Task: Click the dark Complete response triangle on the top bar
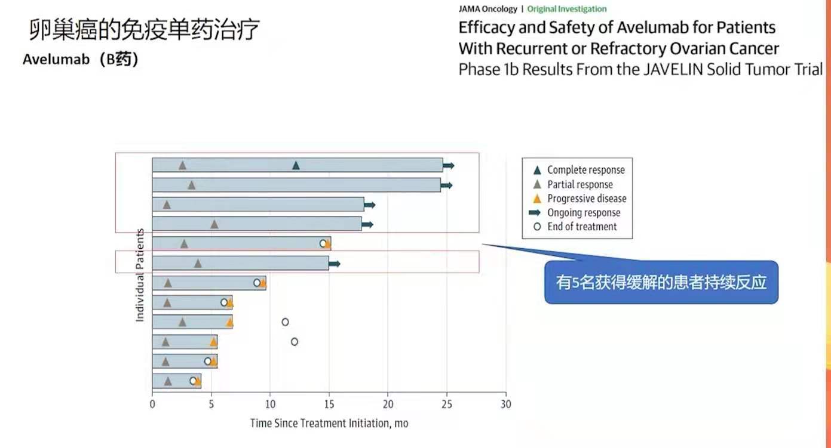click(x=296, y=165)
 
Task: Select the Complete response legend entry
click(x=585, y=170)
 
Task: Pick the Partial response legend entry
click(x=579, y=184)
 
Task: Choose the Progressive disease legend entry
click(x=586, y=199)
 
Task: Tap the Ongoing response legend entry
click(x=583, y=212)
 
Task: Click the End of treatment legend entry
click(x=581, y=227)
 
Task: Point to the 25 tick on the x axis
click(x=447, y=404)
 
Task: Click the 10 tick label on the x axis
click(x=269, y=404)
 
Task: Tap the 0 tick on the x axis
click(x=152, y=404)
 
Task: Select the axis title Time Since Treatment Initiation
click(x=329, y=423)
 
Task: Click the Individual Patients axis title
click(x=140, y=275)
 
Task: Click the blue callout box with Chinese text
click(x=661, y=282)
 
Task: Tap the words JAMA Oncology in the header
click(x=487, y=9)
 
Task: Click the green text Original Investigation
click(x=566, y=9)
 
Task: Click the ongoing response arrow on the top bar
click(x=449, y=165)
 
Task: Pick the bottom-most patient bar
click(x=176, y=381)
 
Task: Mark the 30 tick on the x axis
click(x=505, y=404)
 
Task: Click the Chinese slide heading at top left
click(x=144, y=30)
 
